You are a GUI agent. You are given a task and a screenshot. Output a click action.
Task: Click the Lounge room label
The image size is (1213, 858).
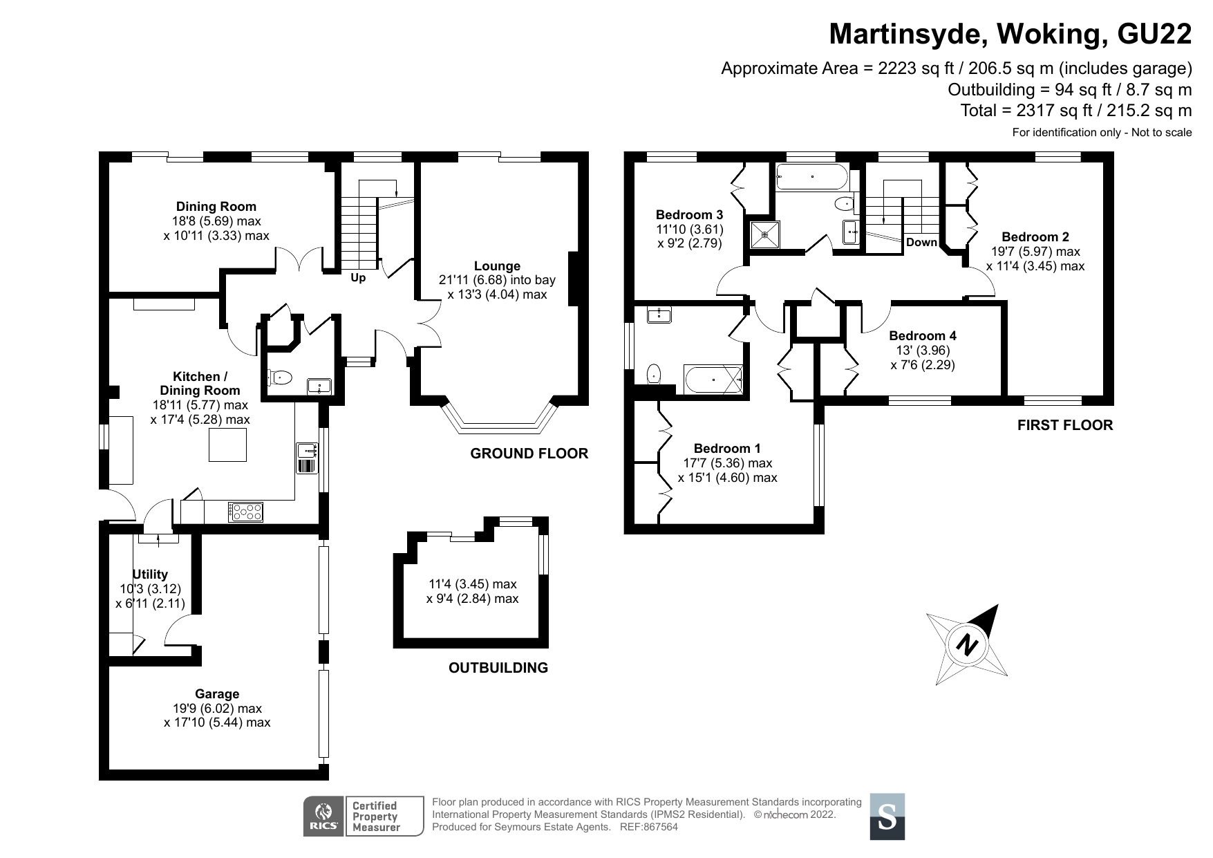tap(497, 266)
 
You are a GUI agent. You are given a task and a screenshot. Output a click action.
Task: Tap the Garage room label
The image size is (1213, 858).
tap(217, 694)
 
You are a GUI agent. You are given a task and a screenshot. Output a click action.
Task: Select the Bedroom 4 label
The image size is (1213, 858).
tap(923, 336)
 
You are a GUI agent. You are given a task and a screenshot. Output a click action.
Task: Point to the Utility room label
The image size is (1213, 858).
tap(150, 575)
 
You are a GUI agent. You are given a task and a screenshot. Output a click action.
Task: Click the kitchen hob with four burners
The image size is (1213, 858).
tap(247, 512)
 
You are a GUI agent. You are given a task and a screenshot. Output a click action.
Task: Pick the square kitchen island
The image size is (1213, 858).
tap(227, 445)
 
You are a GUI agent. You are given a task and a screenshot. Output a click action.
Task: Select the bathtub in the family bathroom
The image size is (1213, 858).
tap(811, 177)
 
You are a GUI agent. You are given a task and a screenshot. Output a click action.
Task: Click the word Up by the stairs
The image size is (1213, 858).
tap(358, 278)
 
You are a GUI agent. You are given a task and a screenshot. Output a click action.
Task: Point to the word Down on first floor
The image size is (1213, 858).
tap(921, 243)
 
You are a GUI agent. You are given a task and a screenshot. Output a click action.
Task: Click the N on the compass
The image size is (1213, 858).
tap(968, 645)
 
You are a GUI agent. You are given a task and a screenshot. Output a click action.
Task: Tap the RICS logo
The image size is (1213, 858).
tap(323, 817)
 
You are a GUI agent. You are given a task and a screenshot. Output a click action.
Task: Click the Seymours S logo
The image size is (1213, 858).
tap(887, 817)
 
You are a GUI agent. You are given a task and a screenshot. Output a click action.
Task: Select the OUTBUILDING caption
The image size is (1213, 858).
tap(498, 668)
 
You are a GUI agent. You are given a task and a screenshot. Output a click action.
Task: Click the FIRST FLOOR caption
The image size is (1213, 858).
tap(1064, 425)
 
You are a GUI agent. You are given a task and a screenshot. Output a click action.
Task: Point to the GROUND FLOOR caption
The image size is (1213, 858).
tap(529, 454)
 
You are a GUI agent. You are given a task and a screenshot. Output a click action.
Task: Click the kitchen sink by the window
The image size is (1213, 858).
tap(306, 451)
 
